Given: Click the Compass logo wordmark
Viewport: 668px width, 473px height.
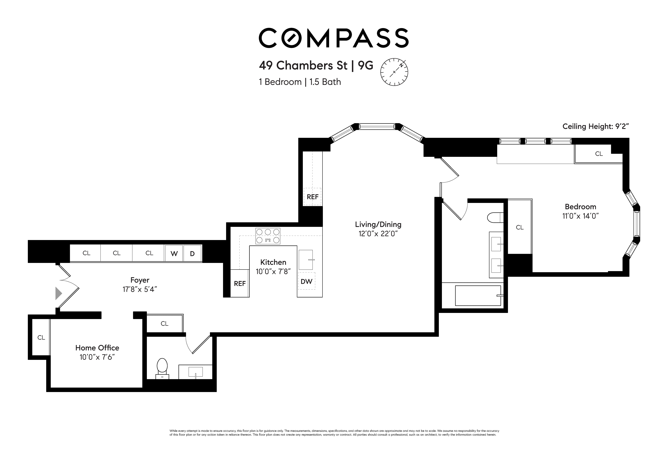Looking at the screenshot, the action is pyautogui.click(x=334, y=38).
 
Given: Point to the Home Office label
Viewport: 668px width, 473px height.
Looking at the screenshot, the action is pyautogui.click(x=97, y=348).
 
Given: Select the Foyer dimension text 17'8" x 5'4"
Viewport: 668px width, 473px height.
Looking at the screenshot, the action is pyautogui.click(x=140, y=289).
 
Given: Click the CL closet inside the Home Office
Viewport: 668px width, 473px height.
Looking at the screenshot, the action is pyautogui.click(x=41, y=337).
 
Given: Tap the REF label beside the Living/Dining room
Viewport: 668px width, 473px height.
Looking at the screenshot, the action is pyautogui.click(x=313, y=197).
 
